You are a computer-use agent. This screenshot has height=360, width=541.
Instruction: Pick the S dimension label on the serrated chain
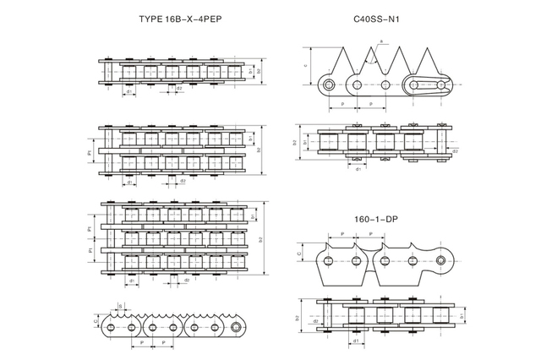[121, 305]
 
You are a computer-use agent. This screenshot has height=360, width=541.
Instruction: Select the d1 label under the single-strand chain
[128, 92]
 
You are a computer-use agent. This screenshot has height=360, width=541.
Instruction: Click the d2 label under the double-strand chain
[183, 180]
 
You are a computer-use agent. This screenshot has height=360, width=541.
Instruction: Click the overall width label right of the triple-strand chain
[260, 239]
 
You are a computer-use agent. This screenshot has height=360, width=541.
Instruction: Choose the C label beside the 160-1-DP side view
[300, 251]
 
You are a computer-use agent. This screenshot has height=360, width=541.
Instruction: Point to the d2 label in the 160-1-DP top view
[314, 321]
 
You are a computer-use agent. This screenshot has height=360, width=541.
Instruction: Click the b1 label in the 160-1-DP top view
[462, 316]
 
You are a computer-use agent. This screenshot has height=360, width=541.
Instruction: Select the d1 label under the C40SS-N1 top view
[358, 169]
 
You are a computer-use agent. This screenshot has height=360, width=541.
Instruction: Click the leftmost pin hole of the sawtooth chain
[326, 84]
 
